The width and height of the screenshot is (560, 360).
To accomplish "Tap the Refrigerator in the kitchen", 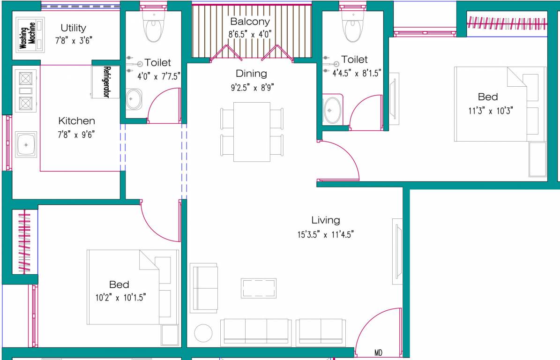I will coord(100,82).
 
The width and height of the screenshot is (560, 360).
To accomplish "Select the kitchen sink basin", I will coord(26,145).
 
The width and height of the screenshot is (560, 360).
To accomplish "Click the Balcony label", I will coord(250,22).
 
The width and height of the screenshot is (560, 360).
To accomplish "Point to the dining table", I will coord(252,132).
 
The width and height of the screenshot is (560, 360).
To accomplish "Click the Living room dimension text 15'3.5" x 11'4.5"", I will coord(325,234).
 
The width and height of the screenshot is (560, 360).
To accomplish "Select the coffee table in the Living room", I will coord(259,287).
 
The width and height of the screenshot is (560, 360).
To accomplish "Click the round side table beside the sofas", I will coord(203,333).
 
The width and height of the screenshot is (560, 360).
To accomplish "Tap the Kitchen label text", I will coord(76,121).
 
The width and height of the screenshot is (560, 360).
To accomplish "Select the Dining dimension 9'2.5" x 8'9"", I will coord(251,87).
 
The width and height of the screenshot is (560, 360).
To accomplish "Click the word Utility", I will coord(73,28).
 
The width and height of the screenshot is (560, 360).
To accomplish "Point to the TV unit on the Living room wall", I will coord(397,251).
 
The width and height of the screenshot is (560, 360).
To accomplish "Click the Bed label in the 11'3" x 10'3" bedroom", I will coord(488,97).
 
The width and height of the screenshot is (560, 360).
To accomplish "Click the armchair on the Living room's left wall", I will coord(204,288).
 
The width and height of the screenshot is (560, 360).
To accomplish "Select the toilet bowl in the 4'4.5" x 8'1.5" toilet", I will coord(353,28).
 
